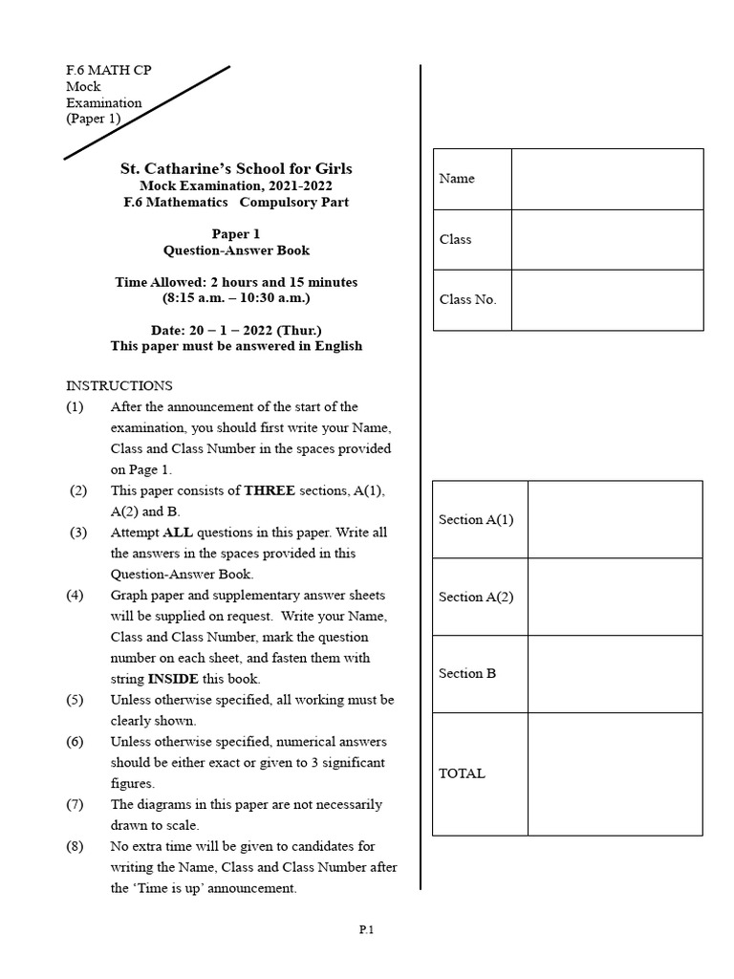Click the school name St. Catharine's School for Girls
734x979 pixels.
(x=236, y=169)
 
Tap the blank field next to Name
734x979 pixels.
(x=607, y=179)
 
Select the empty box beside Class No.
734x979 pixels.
(x=607, y=300)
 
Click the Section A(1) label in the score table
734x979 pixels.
(x=476, y=520)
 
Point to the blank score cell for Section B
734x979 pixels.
(x=615, y=674)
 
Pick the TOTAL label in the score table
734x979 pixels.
(x=462, y=773)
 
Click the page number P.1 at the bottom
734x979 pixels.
(x=366, y=929)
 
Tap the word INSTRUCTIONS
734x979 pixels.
(x=119, y=386)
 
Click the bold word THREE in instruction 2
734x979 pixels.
(x=270, y=490)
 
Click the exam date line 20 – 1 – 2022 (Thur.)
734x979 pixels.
(x=236, y=331)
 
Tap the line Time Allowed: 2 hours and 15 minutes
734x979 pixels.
(x=236, y=282)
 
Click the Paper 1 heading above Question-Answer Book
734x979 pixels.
(x=236, y=234)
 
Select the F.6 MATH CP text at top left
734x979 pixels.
(x=108, y=71)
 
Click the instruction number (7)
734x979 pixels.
(x=76, y=804)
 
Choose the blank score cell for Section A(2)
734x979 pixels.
(x=615, y=597)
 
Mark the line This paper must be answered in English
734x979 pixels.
(x=236, y=346)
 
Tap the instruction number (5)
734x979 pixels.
(x=76, y=700)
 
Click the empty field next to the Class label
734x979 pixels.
(x=607, y=239)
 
